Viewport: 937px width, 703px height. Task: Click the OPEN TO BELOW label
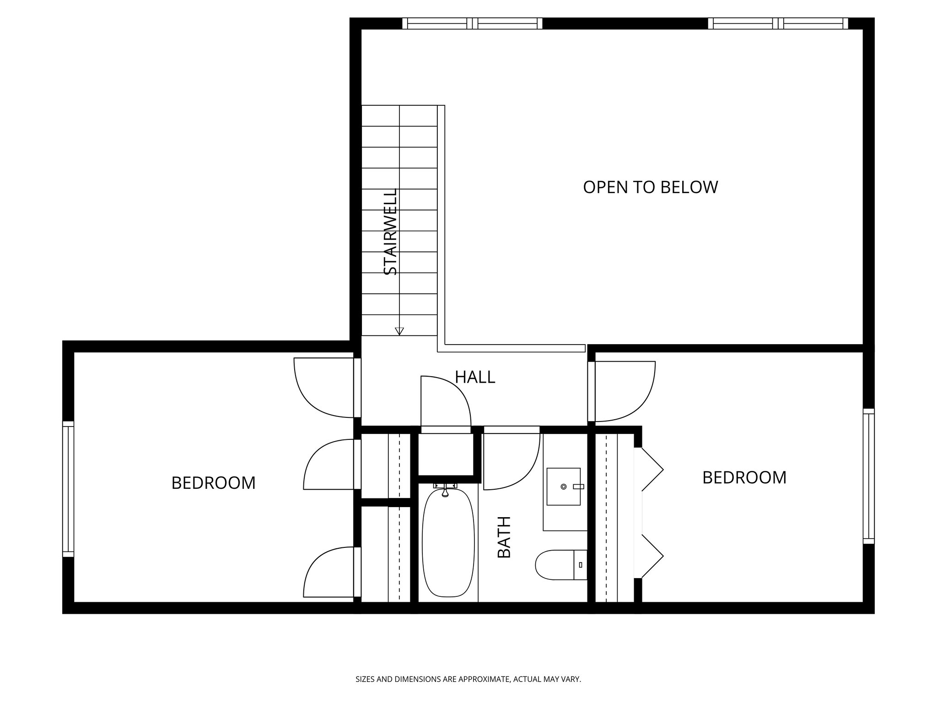click(x=650, y=187)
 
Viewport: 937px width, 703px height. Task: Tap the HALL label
click(x=475, y=377)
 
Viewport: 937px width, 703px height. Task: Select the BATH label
click(x=504, y=537)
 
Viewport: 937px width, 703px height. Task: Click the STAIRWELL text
click(x=390, y=232)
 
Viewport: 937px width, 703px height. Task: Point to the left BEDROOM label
click(x=213, y=483)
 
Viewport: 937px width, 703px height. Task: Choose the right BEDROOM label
click(x=744, y=478)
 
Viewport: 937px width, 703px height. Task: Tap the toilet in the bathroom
click(x=560, y=565)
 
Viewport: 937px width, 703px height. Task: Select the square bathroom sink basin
click(x=564, y=487)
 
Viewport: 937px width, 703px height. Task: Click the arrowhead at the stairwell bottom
click(x=399, y=331)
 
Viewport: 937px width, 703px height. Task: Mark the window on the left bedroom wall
click(x=68, y=489)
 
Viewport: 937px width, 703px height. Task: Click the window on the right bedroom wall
click(x=868, y=476)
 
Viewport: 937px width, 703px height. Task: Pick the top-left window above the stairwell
click(x=472, y=23)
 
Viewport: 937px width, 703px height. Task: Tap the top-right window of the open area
click(x=778, y=23)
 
